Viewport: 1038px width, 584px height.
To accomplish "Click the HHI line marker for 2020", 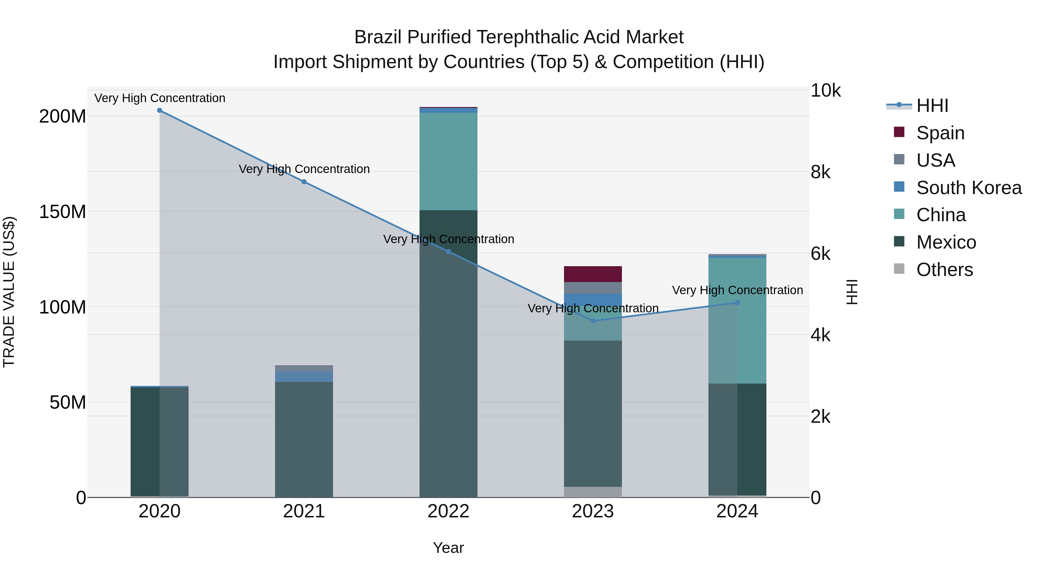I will (x=159, y=110).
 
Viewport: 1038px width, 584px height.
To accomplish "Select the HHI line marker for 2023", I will (x=593, y=321).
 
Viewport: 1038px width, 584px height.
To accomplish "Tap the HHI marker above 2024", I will (x=737, y=303).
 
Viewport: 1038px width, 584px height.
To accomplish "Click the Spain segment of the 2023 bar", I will (x=593, y=274).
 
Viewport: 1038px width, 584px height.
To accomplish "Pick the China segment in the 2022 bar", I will (x=448, y=161).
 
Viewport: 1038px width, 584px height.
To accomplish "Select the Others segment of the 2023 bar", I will (x=593, y=492).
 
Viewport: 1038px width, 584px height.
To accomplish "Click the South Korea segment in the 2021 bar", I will (x=304, y=376).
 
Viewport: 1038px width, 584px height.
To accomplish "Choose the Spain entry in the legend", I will (x=940, y=133).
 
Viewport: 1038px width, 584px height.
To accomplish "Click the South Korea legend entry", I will (x=968, y=188).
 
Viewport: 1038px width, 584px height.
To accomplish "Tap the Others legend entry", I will (x=944, y=270).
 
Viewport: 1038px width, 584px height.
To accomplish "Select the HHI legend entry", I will (x=932, y=106).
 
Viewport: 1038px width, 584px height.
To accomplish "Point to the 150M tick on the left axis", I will (x=63, y=212).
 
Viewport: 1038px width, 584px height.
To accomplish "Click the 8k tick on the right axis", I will (x=820, y=172).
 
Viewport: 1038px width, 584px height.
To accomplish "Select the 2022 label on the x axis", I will (x=448, y=511).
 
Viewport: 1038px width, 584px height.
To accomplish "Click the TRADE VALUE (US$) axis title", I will (x=9, y=292).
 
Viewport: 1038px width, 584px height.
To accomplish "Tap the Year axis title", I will (x=448, y=548).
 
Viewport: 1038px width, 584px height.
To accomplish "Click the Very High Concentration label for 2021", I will (x=304, y=169).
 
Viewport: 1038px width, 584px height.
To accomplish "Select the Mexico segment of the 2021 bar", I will (x=304, y=439).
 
